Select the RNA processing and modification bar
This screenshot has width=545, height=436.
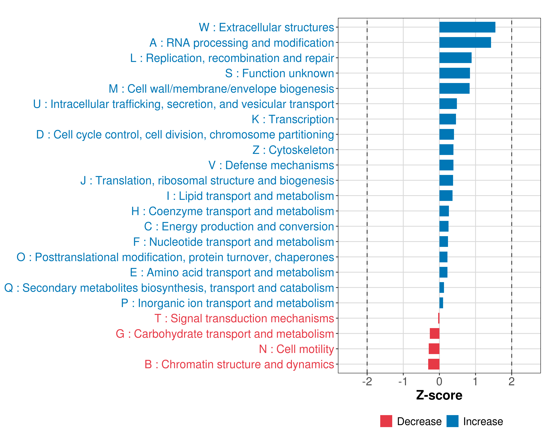coord(465,43)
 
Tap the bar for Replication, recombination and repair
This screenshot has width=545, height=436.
coord(455,58)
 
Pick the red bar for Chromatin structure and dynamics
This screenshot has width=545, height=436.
coord(434,364)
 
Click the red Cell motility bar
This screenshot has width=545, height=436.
coord(434,349)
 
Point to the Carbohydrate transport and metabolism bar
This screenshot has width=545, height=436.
coord(435,334)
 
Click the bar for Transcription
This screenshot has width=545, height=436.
coord(448,119)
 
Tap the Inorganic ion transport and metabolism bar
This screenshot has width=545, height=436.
coord(441,303)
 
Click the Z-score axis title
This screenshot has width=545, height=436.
coord(439,395)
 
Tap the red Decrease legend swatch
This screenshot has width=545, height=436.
coord(386,421)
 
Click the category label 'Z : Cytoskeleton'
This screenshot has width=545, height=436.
coord(293,150)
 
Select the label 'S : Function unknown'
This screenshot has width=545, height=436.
coord(280,73)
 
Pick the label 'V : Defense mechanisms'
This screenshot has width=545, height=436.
coord(271,165)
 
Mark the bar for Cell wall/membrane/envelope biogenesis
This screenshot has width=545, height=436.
coord(455,88)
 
